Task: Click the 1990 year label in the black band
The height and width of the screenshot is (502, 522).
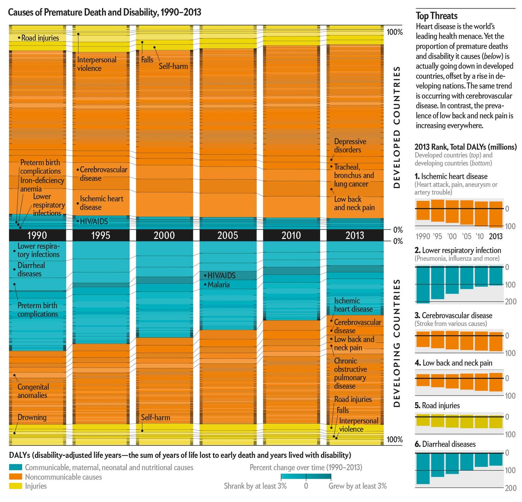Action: pyautogui.click(x=37, y=235)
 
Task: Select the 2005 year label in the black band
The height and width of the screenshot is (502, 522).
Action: pyautogui.click(x=227, y=235)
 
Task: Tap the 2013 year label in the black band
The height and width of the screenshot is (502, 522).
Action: pyautogui.click(x=355, y=235)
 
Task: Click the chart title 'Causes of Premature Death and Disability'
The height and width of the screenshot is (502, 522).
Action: pyautogui.click(x=104, y=12)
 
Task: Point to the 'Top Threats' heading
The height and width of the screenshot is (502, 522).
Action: pyautogui.click(x=437, y=16)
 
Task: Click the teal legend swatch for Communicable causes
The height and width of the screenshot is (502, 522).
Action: pyautogui.click(x=15, y=467)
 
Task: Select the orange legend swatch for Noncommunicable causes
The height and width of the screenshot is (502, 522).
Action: pyautogui.click(x=15, y=477)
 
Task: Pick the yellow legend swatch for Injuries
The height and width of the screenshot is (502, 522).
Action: pyautogui.click(x=15, y=486)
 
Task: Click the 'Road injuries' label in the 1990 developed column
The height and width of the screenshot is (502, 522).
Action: pyautogui.click(x=40, y=38)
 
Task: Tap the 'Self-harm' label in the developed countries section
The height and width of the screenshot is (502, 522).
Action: pyautogui.click(x=173, y=66)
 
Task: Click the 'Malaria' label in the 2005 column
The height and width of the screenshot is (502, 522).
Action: pyautogui.click(x=218, y=285)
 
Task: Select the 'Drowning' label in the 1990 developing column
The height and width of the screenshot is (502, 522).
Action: pyautogui.click(x=32, y=417)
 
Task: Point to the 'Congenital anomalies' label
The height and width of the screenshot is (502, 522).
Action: pyautogui.click(x=33, y=391)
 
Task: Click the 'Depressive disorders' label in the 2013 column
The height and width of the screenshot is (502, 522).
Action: pyautogui.click(x=350, y=146)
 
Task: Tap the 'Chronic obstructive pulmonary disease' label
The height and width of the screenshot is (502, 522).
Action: pyautogui.click(x=350, y=373)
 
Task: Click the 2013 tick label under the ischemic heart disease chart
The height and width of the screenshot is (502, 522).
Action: pyautogui.click(x=496, y=236)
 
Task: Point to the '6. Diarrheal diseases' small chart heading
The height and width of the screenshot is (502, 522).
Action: pyautogui.click(x=445, y=444)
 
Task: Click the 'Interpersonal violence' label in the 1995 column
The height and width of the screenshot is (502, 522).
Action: pyautogui.click(x=96, y=64)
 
